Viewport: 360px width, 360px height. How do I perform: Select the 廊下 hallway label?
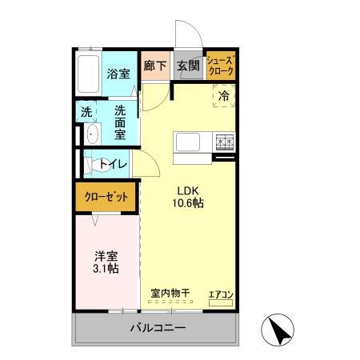[154, 66]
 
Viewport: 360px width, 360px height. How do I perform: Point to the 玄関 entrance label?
[188, 66]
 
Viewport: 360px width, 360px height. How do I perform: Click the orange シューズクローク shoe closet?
[220, 66]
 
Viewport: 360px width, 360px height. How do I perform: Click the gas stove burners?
[224, 142]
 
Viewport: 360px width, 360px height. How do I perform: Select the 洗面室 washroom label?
[120, 122]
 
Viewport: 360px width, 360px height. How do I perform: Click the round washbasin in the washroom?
[90, 134]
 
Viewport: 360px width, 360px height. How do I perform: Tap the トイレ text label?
[117, 164]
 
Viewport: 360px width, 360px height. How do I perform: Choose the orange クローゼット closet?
[106, 198]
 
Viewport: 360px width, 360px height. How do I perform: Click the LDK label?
[188, 191]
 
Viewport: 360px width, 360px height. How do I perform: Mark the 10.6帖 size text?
[188, 204]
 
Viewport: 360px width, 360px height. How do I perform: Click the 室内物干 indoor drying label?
[170, 294]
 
